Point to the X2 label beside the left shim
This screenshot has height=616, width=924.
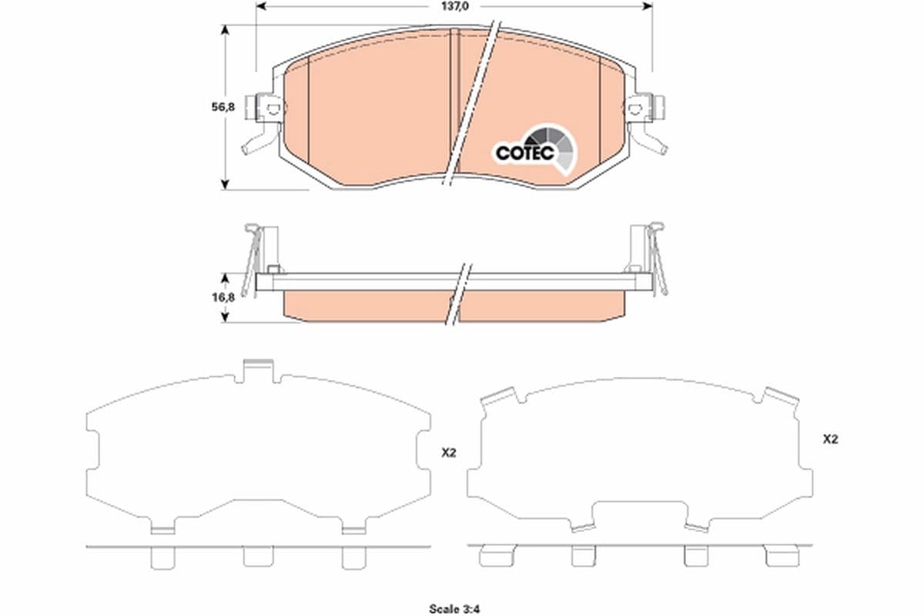point(449,454)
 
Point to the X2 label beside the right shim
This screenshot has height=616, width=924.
point(830,440)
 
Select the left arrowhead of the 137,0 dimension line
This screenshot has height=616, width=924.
point(260,6)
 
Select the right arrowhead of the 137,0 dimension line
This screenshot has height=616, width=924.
point(648,6)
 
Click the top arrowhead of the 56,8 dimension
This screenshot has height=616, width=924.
point(225,29)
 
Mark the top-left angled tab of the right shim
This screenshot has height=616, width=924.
point(499,396)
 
